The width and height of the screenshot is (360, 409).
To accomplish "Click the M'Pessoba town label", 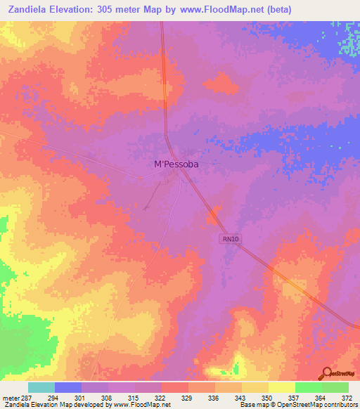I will (x=176, y=164).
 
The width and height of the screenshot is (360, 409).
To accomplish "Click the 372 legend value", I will (x=347, y=398).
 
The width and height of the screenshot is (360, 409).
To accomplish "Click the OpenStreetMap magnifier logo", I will (x=326, y=374).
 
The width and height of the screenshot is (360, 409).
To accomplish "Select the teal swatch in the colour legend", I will (x=41, y=387).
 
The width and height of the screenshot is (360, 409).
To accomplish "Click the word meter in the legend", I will (x=10, y=398).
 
